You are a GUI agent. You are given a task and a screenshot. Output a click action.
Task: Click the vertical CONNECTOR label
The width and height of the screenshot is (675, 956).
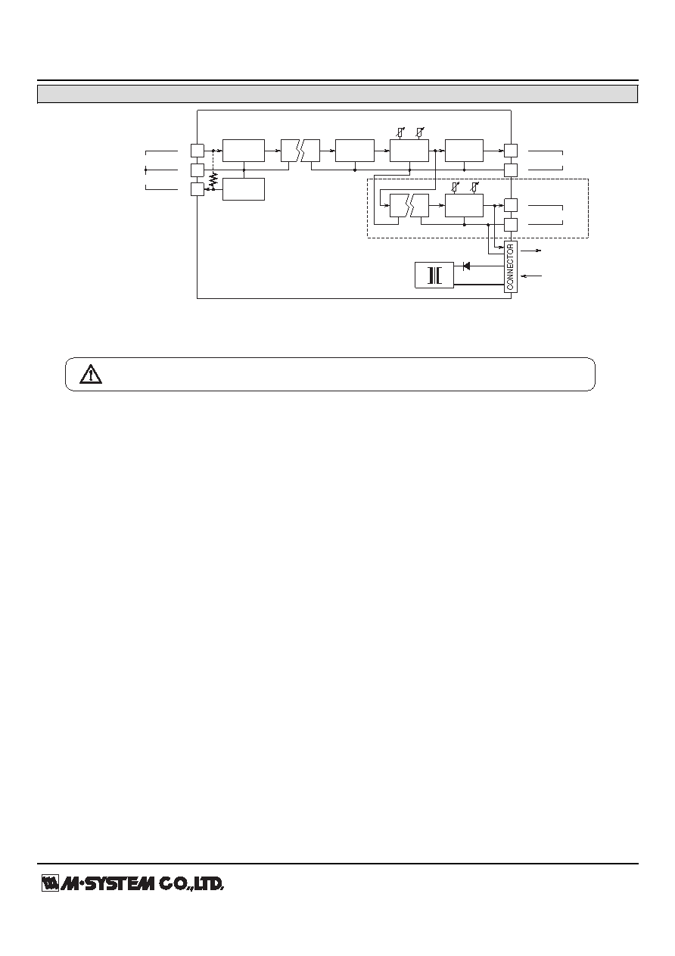[x=510, y=267]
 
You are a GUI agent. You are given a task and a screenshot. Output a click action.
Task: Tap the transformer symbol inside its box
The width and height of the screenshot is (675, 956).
[x=434, y=276]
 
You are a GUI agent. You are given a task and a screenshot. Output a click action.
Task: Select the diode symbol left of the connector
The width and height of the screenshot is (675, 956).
[x=466, y=266]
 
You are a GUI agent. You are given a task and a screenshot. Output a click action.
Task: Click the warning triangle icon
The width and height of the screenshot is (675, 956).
[x=91, y=374]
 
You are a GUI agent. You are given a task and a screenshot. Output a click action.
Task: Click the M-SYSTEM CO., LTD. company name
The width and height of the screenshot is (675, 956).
[x=142, y=883]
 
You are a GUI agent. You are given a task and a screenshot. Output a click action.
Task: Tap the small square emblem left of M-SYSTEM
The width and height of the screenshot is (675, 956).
[x=50, y=883]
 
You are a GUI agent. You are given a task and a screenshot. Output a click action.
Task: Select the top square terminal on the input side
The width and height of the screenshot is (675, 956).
[x=197, y=151]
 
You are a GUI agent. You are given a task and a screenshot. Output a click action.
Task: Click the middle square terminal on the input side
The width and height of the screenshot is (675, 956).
[x=197, y=170]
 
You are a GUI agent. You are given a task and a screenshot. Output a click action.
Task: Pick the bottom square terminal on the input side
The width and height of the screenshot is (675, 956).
[x=197, y=189]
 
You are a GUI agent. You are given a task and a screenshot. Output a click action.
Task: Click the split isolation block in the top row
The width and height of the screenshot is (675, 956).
[x=300, y=151]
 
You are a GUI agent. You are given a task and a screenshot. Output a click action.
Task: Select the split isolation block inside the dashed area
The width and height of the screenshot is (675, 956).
[x=409, y=205]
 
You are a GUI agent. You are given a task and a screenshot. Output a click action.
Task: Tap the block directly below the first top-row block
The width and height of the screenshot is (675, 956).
[x=244, y=189]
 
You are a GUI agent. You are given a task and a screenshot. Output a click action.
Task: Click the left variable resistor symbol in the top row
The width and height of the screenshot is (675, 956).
[x=400, y=132]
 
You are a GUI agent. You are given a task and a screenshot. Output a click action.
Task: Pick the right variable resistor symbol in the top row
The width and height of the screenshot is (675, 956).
[x=420, y=132]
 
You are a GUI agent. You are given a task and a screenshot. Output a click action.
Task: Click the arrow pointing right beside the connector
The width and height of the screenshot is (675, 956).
[x=531, y=251]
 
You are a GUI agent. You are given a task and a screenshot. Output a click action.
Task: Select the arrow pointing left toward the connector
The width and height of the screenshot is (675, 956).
[x=532, y=276]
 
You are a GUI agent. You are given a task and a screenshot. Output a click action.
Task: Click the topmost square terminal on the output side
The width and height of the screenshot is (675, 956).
[x=511, y=151]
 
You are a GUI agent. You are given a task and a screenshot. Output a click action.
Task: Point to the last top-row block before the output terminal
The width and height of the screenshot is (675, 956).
[x=464, y=151]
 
